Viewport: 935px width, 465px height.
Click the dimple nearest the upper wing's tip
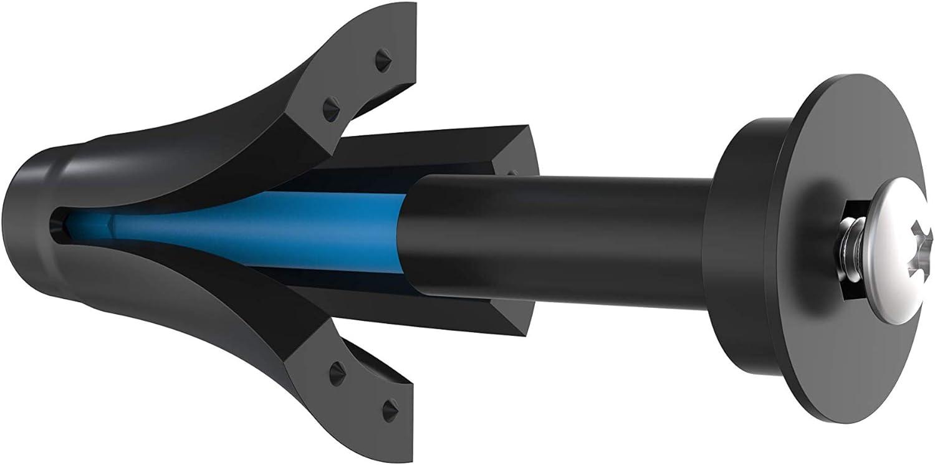[380, 60]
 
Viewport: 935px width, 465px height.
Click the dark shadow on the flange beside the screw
[817, 187]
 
